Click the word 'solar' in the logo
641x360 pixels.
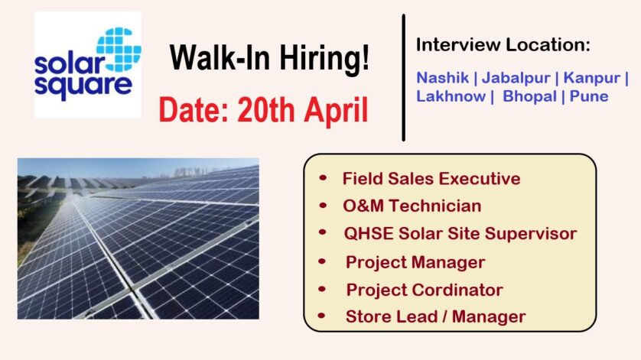(x=70, y=63)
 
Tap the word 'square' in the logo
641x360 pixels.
(x=83, y=86)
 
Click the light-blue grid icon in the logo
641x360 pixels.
(x=119, y=50)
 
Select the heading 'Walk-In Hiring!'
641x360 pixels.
(x=269, y=57)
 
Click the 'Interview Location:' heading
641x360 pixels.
(x=503, y=44)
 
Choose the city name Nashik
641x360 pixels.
(x=442, y=78)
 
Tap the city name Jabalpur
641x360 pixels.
(x=516, y=78)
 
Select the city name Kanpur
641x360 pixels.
(x=591, y=78)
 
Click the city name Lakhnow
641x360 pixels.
(x=451, y=96)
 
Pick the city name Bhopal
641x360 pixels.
(x=530, y=97)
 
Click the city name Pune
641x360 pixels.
(x=589, y=96)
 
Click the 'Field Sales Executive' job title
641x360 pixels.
(x=431, y=179)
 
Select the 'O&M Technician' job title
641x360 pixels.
(x=412, y=206)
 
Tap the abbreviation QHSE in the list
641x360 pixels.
(x=369, y=234)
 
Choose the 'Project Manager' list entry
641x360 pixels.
(x=415, y=262)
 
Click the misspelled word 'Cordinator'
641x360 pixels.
(x=457, y=290)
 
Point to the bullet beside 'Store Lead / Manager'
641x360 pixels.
(x=322, y=316)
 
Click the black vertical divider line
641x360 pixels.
(x=403, y=78)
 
